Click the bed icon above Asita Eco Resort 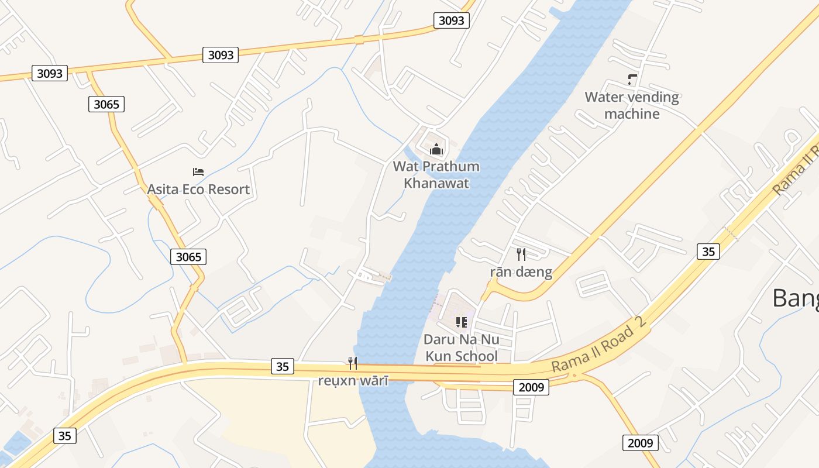[198, 171]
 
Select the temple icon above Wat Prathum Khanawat [436, 149]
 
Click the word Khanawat [436, 183]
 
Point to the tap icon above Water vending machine [632, 80]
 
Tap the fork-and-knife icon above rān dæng [521, 254]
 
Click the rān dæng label [521, 272]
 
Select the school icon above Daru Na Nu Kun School [462, 322]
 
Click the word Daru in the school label [436, 339]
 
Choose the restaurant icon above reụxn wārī [353, 363]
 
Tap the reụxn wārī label [353, 381]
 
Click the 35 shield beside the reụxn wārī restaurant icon [283, 367]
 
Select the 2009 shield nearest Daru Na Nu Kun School [531, 387]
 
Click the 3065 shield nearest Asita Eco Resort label [188, 256]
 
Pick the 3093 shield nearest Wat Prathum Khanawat [451, 20]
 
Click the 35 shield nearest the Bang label [708, 252]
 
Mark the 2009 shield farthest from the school [640, 443]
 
